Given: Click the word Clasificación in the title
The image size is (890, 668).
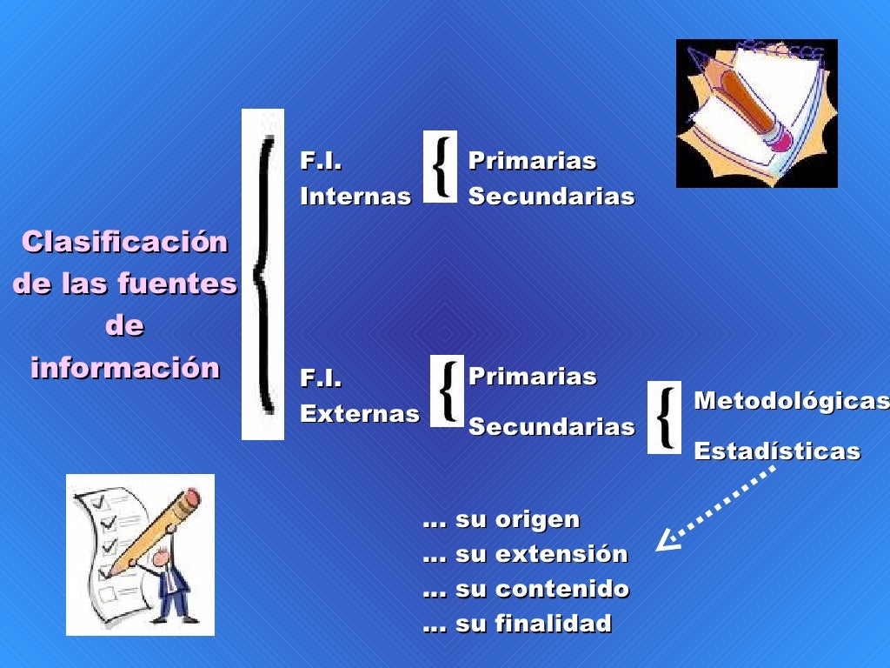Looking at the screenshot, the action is [x=124, y=242].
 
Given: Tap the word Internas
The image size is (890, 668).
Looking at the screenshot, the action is [x=355, y=197].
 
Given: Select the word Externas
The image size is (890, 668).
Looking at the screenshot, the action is [x=359, y=414].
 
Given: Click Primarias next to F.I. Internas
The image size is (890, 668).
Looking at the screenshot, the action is [x=532, y=161].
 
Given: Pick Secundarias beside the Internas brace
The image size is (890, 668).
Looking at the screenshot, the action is [x=551, y=197].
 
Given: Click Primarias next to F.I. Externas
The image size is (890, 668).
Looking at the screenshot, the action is [x=532, y=377].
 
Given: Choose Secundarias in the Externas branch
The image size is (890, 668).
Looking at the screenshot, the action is [x=551, y=427].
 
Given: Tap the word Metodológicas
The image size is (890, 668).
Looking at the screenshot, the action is [x=791, y=401].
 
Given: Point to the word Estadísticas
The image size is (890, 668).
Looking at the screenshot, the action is [x=777, y=451].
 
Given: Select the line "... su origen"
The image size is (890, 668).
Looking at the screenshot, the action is [x=501, y=520].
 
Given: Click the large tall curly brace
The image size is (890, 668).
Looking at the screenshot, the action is [x=262, y=274].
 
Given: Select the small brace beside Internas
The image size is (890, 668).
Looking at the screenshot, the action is [x=441, y=166].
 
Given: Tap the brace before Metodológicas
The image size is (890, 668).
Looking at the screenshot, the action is [x=665, y=417].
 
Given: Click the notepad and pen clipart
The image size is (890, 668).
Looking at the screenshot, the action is [x=756, y=113].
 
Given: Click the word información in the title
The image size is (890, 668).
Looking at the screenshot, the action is [x=125, y=368].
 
